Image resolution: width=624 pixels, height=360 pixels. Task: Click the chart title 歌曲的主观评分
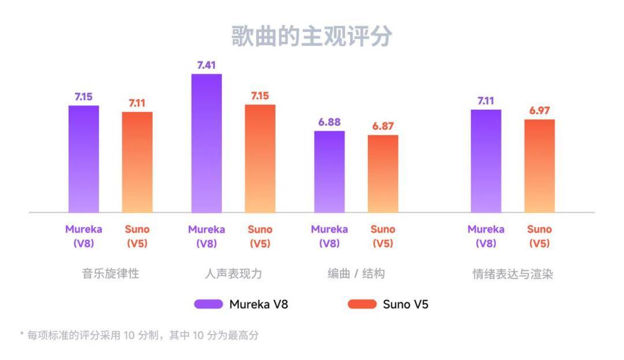(311, 36)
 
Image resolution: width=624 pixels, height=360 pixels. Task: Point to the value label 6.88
(329, 123)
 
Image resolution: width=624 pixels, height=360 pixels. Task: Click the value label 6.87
(382, 126)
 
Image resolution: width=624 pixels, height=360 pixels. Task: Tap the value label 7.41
(206, 65)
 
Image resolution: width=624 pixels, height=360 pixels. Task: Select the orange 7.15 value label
(259, 96)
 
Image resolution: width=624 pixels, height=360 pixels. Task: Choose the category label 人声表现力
(233, 274)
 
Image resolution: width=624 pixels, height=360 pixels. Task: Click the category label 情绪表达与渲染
(512, 274)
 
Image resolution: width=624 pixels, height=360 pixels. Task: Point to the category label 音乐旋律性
(110, 274)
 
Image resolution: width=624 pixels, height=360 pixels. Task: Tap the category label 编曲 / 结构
(356, 274)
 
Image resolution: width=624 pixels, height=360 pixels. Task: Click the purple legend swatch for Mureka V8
(209, 304)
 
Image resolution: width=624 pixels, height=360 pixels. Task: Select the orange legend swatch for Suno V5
(362, 304)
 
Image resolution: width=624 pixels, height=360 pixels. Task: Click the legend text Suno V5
(406, 304)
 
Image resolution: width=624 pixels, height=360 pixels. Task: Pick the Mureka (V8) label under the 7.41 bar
(206, 236)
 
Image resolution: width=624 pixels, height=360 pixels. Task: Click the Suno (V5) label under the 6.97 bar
(539, 236)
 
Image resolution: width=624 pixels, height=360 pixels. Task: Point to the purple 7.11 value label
(486, 101)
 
